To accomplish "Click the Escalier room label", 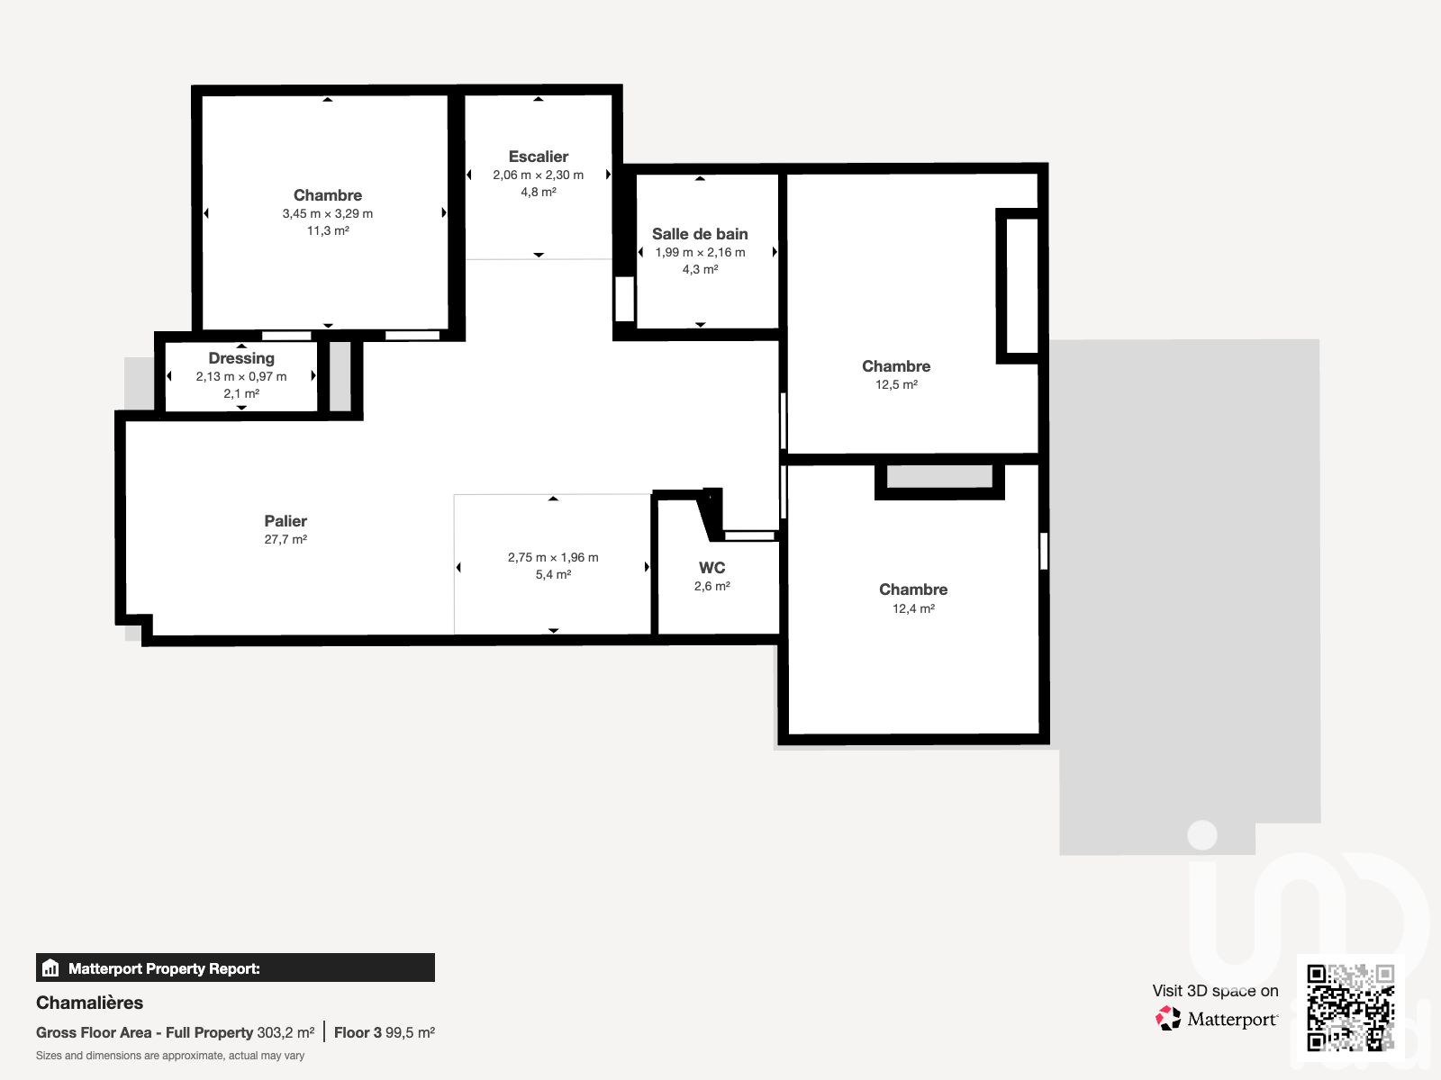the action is (x=539, y=157).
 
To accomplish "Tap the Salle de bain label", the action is (x=700, y=234).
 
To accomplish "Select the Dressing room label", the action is (x=241, y=359).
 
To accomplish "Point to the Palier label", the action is (x=285, y=521).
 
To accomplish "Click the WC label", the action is (x=712, y=568).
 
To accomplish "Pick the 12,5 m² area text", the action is (x=896, y=385).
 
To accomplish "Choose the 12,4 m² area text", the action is (x=913, y=608).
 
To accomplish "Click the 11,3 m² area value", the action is (x=328, y=230).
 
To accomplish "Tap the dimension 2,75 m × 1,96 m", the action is (x=553, y=557).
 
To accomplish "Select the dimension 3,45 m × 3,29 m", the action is (x=328, y=214).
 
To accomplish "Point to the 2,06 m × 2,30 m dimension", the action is (x=539, y=175).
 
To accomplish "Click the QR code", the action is (x=1350, y=1007).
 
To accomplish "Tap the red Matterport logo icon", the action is (x=1168, y=1019).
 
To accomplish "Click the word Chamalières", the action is (x=89, y=1003).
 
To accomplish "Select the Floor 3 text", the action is (x=358, y=1033).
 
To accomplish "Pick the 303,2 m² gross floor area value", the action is (x=285, y=1033).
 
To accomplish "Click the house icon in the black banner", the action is (x=50, y=967).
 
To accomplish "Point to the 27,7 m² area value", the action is (x=285, y=540).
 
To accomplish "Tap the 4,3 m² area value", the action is (x=700, y=269).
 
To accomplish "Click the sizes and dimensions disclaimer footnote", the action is (x=170, y=1056).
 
